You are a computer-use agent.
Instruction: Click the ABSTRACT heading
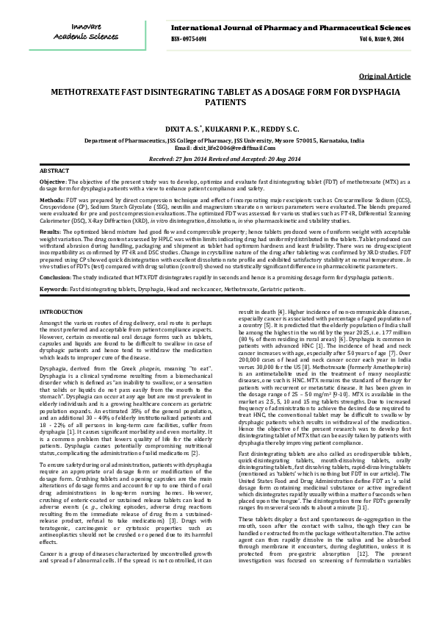[x=54, y=170]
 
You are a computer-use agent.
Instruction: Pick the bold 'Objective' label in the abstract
[x=52, y=180]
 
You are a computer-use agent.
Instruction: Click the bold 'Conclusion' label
[x=55, y=277]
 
